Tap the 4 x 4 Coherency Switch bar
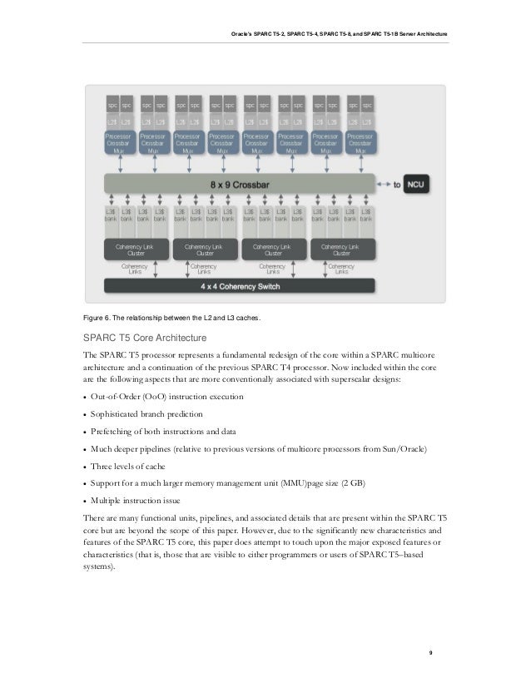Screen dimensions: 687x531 pos(239,286)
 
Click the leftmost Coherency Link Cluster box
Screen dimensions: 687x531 pos(136,250)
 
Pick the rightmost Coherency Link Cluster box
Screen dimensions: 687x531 pos(342,250)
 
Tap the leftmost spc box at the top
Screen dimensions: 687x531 pos(111,106)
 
